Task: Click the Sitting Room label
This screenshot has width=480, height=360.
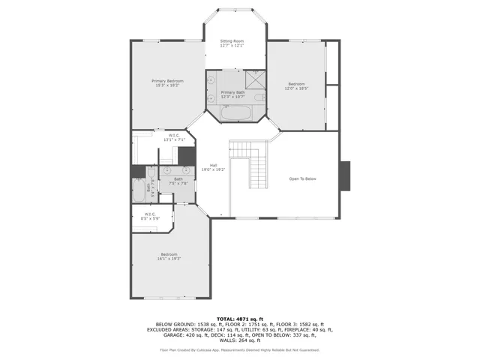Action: [232, 43]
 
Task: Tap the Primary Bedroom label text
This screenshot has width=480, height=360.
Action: [167, 83]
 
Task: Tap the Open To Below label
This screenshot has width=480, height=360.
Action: [303, 178]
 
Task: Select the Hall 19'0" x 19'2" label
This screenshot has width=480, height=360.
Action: [213, 167]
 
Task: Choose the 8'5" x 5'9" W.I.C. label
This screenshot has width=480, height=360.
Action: [150, 216]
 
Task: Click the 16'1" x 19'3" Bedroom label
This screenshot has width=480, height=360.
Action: [169, 256]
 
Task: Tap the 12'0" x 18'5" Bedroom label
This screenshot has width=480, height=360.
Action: [297, 86]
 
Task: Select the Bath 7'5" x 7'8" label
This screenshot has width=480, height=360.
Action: [178, 181]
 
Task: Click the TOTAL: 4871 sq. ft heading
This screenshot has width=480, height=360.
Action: [239, 318]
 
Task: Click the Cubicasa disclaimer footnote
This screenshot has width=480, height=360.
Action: [239, 349]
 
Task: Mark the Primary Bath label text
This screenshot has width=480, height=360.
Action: [232, 94]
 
